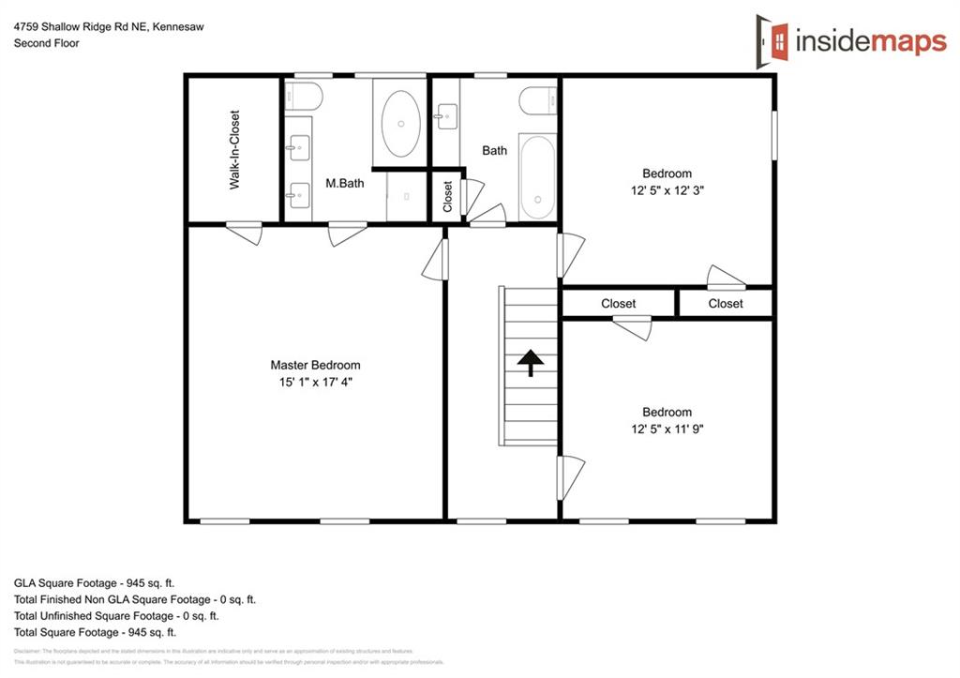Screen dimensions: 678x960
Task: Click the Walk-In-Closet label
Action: pos(234,150)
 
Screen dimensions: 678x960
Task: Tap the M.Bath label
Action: pos(344,184)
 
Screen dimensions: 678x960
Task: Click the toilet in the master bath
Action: pos(305,96)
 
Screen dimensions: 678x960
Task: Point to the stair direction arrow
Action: pos(531,362)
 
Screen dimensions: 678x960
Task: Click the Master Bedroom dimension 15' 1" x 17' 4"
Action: pos(315,382)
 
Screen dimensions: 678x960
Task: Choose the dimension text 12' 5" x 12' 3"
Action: pos(667,189)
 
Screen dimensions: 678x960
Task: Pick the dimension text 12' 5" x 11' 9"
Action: pos(667,429)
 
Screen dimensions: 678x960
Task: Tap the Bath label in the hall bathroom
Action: pos(494,150)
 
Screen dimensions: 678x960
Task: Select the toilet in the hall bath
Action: pos(538,99)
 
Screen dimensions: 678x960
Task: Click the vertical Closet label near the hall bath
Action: pos(448,196)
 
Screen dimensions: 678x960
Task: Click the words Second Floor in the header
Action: pos(46,43)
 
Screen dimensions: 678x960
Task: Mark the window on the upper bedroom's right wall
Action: pos(774,136)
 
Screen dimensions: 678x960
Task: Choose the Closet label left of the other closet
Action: pos(618,303)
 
